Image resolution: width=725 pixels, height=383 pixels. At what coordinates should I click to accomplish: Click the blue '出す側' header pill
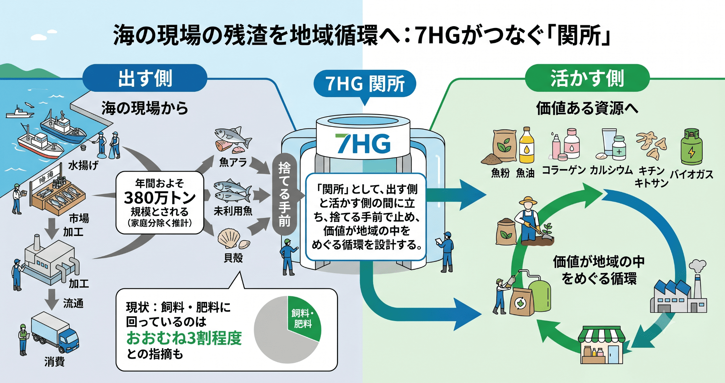[x=145, y=78]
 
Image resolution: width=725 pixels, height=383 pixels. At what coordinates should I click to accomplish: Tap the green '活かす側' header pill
[x=587, y=78]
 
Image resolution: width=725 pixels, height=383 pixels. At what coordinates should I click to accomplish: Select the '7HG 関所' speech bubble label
[x=365, y=84]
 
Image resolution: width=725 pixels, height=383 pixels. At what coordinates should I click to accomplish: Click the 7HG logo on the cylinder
[x=363, y=143]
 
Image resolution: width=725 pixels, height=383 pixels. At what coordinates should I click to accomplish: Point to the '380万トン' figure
[x=160, y=197]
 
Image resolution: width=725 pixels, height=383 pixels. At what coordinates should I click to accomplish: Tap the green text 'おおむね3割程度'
[x=184, y=338]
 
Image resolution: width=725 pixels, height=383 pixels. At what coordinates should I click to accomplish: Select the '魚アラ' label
[x=233, y=162]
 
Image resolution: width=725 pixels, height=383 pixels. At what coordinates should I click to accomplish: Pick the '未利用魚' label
[x=233, y=211]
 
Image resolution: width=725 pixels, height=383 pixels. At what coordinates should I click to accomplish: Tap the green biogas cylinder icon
[x=691, y=147]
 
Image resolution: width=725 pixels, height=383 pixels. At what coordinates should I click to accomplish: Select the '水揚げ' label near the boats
[x=83, y=165]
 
